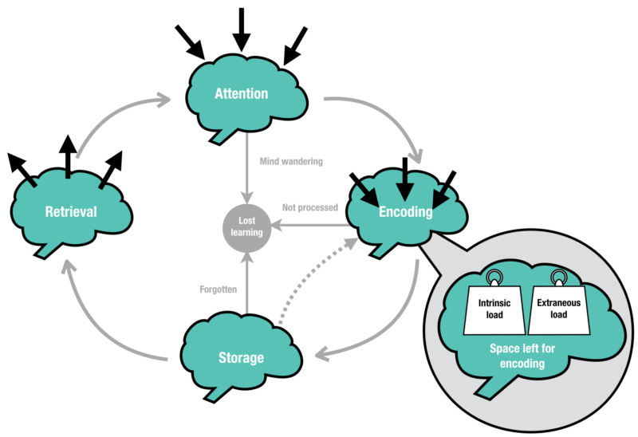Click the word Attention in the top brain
pyautogui.click(x=241, y=93)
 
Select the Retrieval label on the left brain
pyautogui.click(x=71, y=211)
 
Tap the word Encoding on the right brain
pyautogui.click(x=405, y=212)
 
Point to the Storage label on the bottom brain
pyautogui.click(x=240, y=358)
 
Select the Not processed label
pyautogui.click(x=309, y=208)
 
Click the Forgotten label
pyautogui.click(x=218, y=289)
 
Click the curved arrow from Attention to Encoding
pyautogui.click(x=383, y=120)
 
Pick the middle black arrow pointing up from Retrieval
pyautogui.click(x=69, y=157)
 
